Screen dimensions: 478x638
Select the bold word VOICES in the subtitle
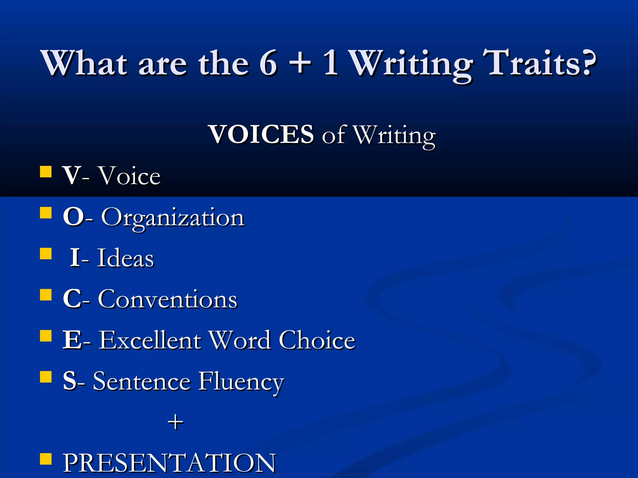(261, 134)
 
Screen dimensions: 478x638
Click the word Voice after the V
(129, 176)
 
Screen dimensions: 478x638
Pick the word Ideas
(126, 258)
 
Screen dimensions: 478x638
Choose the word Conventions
(168, 299)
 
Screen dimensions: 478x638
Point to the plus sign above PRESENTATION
(175, 422)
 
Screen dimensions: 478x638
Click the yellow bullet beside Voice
(46, 171)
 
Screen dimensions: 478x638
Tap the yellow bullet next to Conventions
(46, 294)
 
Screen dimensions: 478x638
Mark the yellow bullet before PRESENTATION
(46, 458)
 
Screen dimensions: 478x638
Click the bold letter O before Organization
(74, 217)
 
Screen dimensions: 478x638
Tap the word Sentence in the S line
(142, 382)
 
